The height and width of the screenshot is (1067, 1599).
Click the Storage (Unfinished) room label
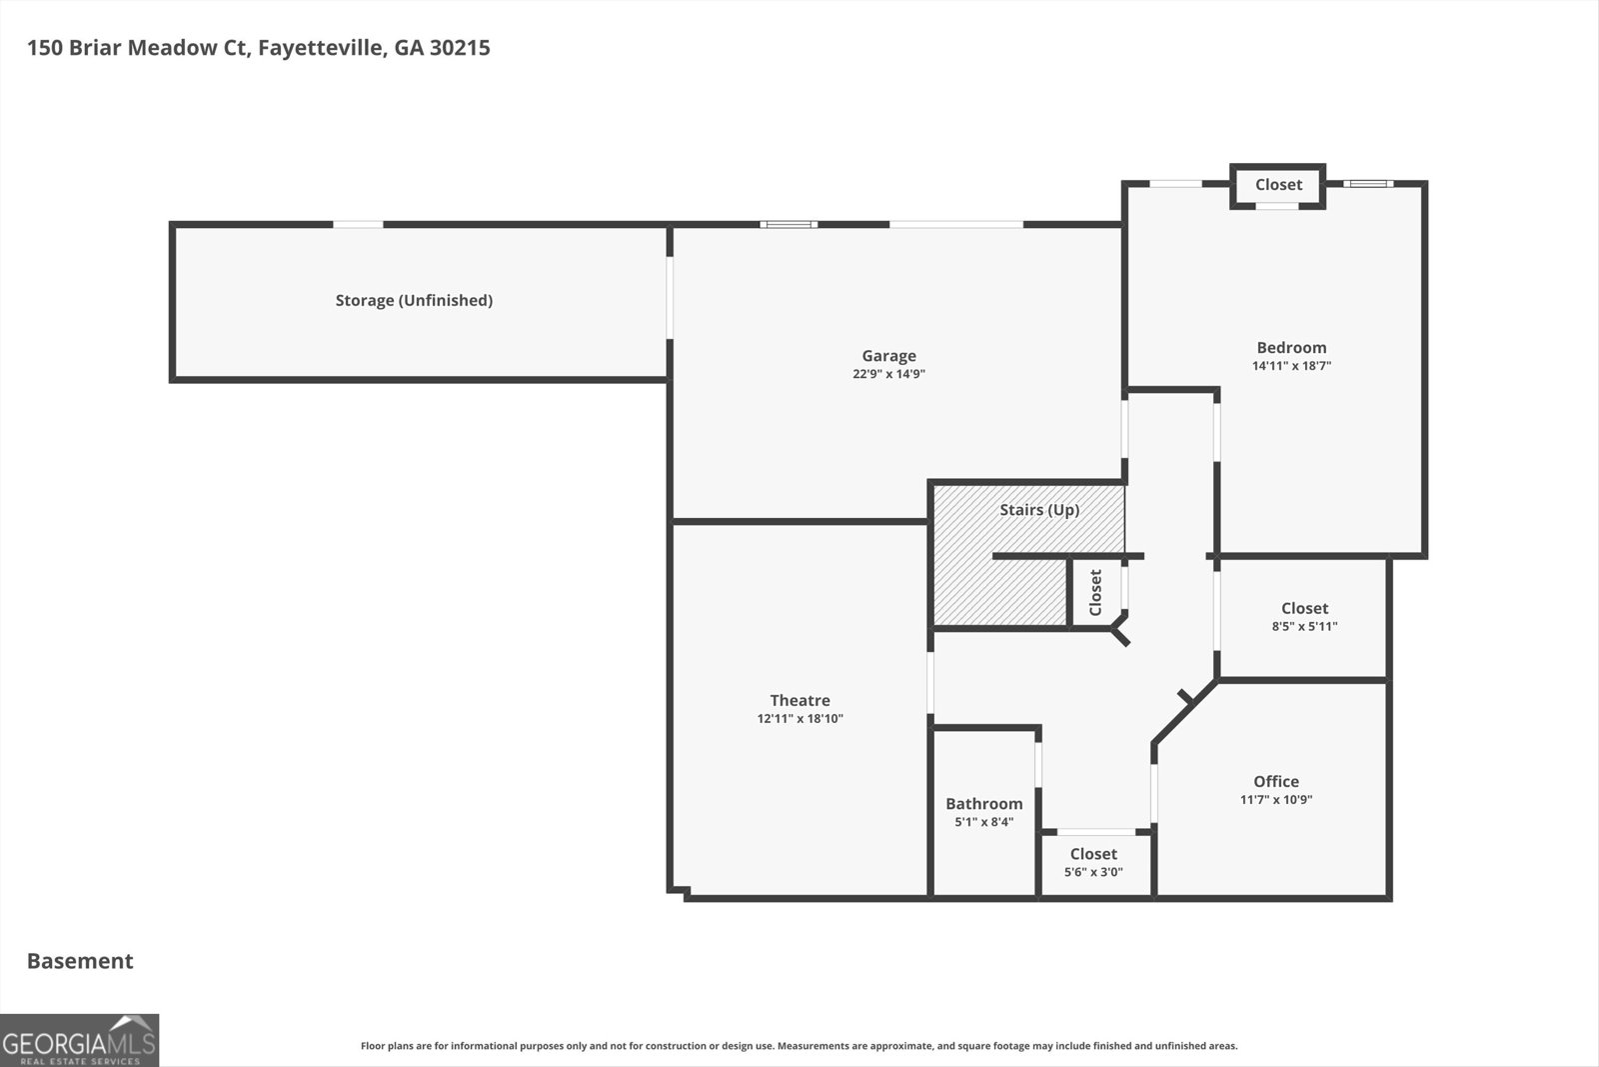(414, 300)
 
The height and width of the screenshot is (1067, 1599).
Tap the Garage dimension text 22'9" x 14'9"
(888, 374)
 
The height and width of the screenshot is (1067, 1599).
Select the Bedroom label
(1291, 347)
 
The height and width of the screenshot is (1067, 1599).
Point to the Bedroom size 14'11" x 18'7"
(1291, 366)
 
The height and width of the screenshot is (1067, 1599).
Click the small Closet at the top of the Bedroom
(1278, 185)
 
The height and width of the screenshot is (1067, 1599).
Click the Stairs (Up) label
(1039, 510)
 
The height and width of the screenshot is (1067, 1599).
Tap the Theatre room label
(799, 700)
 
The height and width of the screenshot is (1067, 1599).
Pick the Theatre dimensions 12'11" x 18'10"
(799, 719)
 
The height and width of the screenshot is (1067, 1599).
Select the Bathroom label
(983, 803)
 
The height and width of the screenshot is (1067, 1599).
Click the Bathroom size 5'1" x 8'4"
(983, 822)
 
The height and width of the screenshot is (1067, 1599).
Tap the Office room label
(1276, 781)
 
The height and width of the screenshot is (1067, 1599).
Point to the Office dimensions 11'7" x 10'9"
(1276, 800)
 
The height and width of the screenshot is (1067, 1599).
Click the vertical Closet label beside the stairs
(1095, 592)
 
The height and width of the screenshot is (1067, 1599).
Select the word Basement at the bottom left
(80, 961)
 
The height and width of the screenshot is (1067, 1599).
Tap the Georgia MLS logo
(79, 1040)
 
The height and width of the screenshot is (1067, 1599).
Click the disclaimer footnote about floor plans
(799, 1046)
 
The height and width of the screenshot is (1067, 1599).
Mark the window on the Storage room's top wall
(358, 224)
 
